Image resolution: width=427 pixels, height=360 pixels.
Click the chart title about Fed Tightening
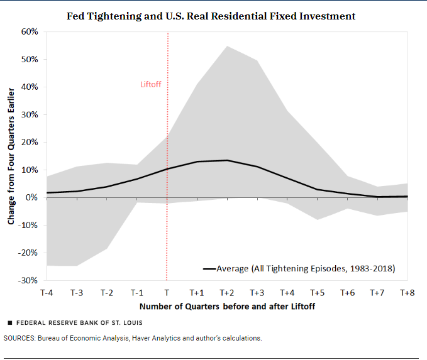tap(211, 16)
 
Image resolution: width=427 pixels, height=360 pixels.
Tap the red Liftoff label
tap(151, 84)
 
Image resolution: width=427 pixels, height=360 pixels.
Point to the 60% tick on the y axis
tap(30, 31)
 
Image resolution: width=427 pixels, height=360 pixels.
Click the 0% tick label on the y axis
tap(32, 197)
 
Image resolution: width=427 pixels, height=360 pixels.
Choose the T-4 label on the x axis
tap(47, 293)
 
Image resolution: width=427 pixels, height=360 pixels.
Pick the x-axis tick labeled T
tap(167, 293)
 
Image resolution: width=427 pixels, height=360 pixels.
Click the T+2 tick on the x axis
tap(226, 293)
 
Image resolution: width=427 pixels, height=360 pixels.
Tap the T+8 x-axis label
tap(408, 293)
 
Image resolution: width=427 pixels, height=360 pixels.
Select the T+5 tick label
tap(317, 293)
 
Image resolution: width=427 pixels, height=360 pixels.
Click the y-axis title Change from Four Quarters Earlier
tap(11, 155)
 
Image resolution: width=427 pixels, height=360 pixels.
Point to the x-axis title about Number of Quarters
tap(227, 307)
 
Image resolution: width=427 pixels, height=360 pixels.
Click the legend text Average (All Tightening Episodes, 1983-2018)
tap(305, 268)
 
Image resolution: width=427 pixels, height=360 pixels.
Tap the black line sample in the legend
tap(209, 268)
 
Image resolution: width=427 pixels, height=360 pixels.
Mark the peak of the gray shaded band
tap(226, 46)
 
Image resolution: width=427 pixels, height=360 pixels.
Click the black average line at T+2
tap(226, 160)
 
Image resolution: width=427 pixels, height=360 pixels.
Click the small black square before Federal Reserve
tap(9, 322)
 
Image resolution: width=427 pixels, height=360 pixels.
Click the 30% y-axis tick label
tap(30, 114)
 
